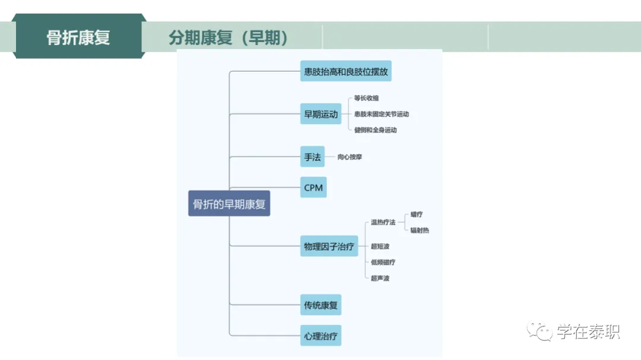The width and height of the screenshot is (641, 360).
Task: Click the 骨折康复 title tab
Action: [x=78, y=37]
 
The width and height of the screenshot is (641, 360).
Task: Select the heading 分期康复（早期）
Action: [x=228, y=38]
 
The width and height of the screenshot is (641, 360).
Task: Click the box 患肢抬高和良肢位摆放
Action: [x=346, y=72]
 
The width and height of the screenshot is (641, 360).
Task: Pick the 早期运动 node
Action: [x=320, y=114]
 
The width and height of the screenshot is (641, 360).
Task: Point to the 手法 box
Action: [x=312, y=157]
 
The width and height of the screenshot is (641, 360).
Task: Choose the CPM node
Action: [x=313, y=188]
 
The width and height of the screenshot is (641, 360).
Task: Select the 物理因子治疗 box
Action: [x=329, y=246]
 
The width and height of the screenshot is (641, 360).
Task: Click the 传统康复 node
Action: [x=320, y=306]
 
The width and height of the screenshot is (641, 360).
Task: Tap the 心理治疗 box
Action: [x=320, y=336]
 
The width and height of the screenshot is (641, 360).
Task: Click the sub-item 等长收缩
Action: [x=366, y=98]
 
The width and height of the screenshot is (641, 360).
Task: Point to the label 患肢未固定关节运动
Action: [x=381, y=114]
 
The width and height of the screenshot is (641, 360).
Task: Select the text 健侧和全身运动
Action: [x=375, y=130]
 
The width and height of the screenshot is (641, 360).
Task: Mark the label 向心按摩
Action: [x=350, y=157]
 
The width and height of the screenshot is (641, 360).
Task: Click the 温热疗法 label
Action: [x=383, y=222]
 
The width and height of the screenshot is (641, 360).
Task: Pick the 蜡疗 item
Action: [x=416, y=215]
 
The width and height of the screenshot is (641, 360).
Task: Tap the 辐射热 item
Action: [x=419, y=230]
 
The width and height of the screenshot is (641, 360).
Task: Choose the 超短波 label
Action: [x=380, y=246]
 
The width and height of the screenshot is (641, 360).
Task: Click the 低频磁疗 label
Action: [x=383, y=262]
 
